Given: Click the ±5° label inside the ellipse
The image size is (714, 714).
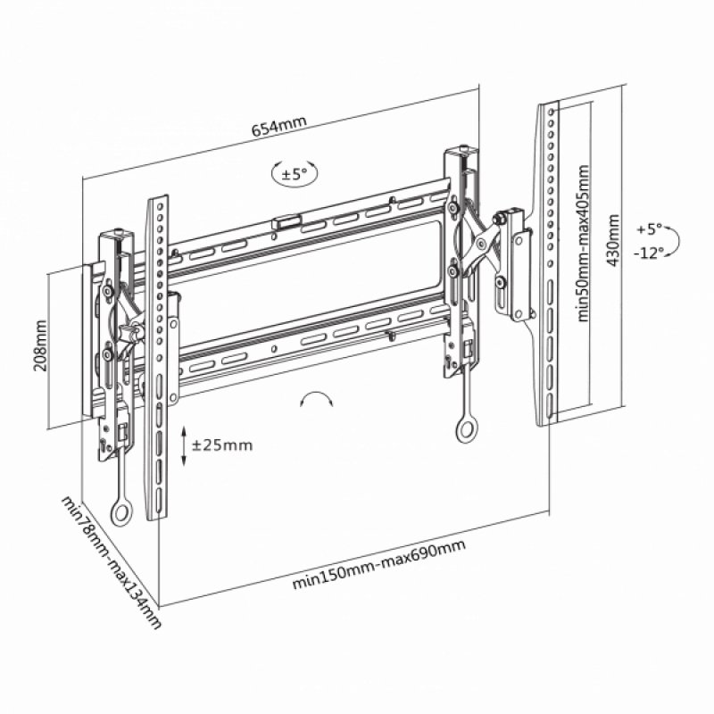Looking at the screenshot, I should (x=294, y=173).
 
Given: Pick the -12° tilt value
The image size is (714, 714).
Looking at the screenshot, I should (x=649, y=253).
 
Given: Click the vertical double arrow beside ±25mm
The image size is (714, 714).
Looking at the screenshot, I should (x=184, y=445).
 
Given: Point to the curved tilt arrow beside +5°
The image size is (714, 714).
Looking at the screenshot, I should (x=676, y=240).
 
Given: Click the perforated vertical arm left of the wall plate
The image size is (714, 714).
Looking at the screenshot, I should (x=157, y=357).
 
